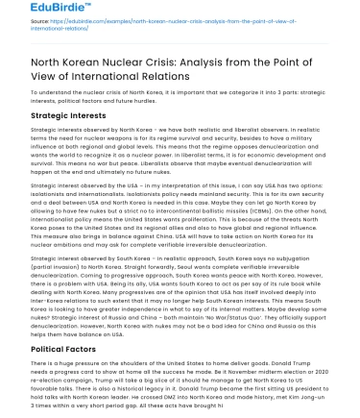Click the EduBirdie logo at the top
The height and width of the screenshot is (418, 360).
pyautogui.click(x=30, y=11)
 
